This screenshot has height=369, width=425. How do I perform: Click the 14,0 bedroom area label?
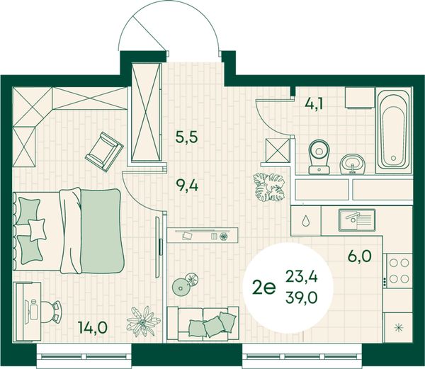(93, 327)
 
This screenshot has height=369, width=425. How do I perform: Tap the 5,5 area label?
(187, 137)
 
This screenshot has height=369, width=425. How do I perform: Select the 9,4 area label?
(187, 186)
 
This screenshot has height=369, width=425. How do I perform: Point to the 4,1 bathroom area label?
(314, 103)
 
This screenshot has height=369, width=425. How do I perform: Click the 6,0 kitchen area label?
(359, 256)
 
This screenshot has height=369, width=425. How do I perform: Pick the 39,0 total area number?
(301, 298)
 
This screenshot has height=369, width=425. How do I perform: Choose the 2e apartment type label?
(263, 288)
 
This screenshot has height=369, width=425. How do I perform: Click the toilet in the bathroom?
(319, 157)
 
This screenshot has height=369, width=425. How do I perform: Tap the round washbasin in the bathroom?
(352, 164)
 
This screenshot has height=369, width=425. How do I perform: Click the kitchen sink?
(357, 220)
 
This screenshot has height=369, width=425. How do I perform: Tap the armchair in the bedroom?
(104, 152)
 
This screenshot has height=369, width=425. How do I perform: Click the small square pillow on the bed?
(37, 229)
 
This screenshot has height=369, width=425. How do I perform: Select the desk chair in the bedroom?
(52, 312)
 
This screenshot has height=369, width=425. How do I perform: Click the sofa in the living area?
(203, 323)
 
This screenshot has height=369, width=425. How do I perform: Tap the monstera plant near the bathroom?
(268, 187)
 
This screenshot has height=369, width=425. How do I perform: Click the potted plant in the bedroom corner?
(143, 321)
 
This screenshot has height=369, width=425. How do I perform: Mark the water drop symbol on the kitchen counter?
(305, 221)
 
